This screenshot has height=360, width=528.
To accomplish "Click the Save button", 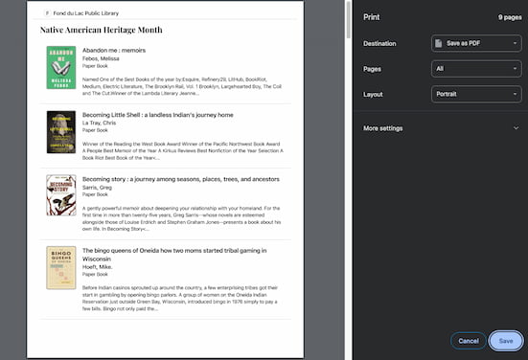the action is tap(505, 340).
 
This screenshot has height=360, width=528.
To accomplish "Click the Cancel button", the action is tap(468, 340).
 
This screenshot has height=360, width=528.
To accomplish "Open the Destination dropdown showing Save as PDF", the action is tap(475, 43).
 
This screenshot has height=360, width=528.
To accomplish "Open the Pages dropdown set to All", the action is tap(475, 69).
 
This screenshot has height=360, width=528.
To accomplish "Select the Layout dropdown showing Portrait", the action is tap(475, 95).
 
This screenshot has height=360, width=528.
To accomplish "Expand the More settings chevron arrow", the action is tap(515, 127).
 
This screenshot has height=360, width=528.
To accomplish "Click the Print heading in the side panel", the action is tap(373, 16).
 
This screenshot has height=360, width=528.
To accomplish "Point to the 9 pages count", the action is tap(509, 16).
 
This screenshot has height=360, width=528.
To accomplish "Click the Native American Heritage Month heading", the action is tap(102, 30).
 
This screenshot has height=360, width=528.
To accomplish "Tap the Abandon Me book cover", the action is tap(60, 68).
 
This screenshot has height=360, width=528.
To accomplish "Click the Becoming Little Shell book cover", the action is tap(60, 132).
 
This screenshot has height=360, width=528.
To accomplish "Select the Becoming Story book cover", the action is tap(60, 195).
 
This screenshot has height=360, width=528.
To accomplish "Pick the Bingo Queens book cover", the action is tap(60, 269).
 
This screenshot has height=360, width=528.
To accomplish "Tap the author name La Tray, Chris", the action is tap(102, 123).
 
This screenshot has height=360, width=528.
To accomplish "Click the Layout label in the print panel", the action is tap(373, 95).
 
